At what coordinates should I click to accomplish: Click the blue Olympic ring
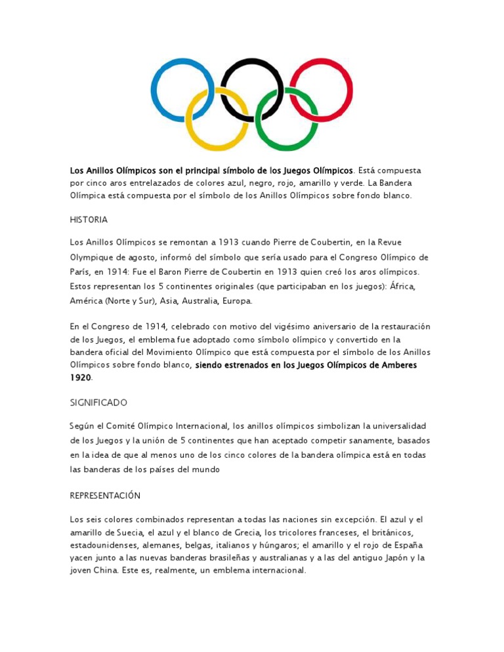(x=153, y=91)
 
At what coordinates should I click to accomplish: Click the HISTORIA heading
(x=89, y=219)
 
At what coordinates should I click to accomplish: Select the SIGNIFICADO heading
(x=98, y=401)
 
